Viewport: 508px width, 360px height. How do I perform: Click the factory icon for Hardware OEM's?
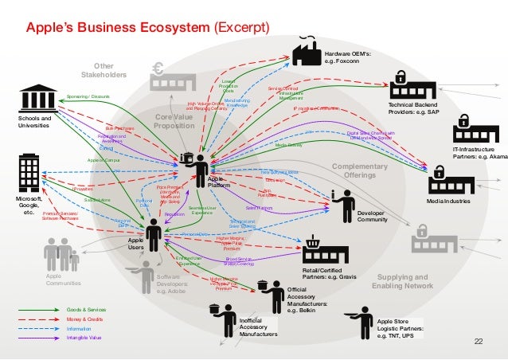(x=305, y=53)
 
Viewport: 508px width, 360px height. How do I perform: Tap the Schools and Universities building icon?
(x=38, y=98)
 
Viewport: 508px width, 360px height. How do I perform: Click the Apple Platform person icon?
(x=196, y=166)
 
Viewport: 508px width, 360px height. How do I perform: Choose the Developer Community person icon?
(x=344, y=205)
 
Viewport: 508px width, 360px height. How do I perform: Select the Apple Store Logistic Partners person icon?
(x=362, y=320)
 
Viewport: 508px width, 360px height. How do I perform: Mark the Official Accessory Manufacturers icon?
(x=268, y=295)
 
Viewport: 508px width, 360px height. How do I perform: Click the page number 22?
(x=478, y=342)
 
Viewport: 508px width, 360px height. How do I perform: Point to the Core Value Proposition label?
(x=174, y=121)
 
